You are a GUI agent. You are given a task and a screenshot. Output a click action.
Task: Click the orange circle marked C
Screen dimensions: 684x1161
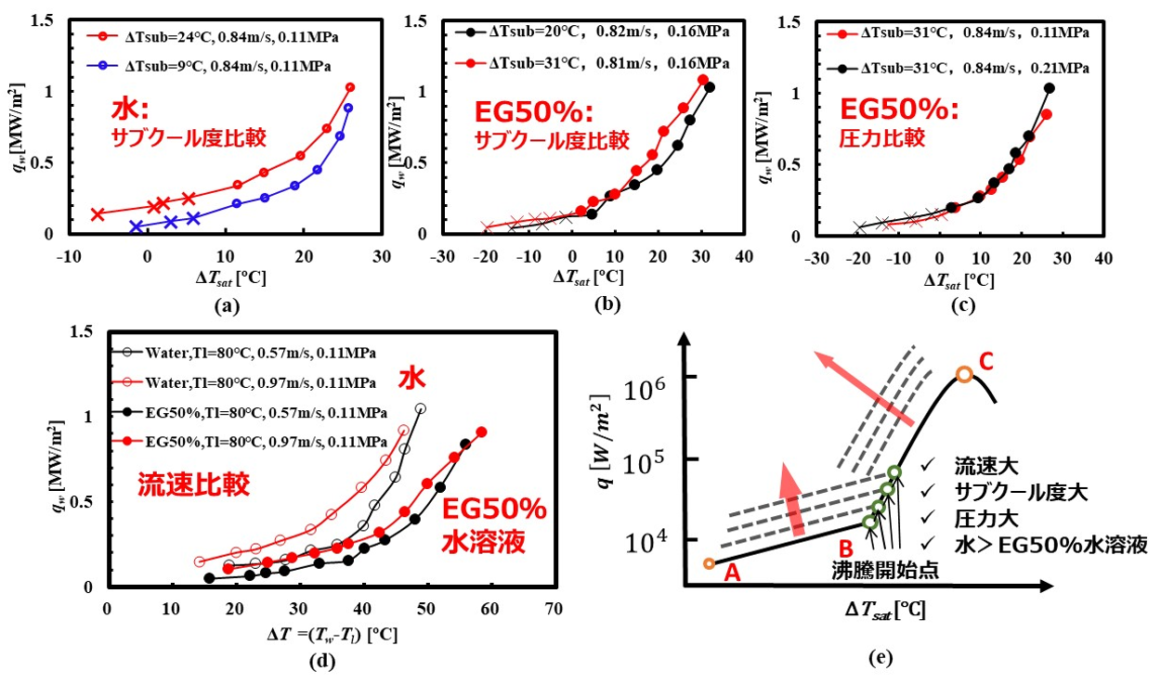tap(964, 374)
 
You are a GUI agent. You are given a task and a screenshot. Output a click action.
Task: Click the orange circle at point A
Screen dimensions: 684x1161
tap(710, 563)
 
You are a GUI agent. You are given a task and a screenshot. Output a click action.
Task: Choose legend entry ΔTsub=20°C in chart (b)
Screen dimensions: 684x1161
tap(590, 32)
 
